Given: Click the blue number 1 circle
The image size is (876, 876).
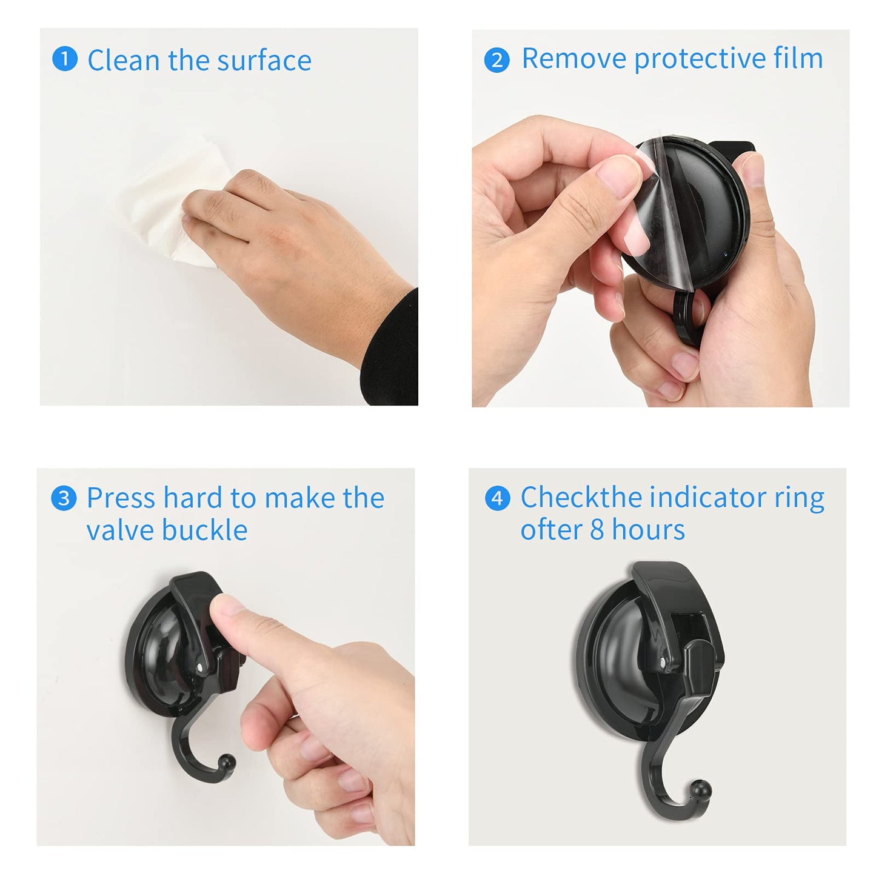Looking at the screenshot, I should tap(64, 60).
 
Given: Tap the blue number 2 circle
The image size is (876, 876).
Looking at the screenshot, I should tap(497, 60).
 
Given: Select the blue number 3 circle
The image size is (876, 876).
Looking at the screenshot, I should tap(64, 498).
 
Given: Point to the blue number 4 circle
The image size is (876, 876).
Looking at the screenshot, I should tap(497, 498).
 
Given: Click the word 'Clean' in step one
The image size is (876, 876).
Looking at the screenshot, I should tap(124, 61).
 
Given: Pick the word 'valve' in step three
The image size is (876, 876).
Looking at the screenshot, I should tap(119, 530).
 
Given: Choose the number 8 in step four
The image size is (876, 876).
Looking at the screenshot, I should tap(597, 530).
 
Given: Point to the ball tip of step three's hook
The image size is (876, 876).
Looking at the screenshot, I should tap(227, 761).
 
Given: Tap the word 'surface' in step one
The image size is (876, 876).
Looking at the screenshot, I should tap(264, 61).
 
